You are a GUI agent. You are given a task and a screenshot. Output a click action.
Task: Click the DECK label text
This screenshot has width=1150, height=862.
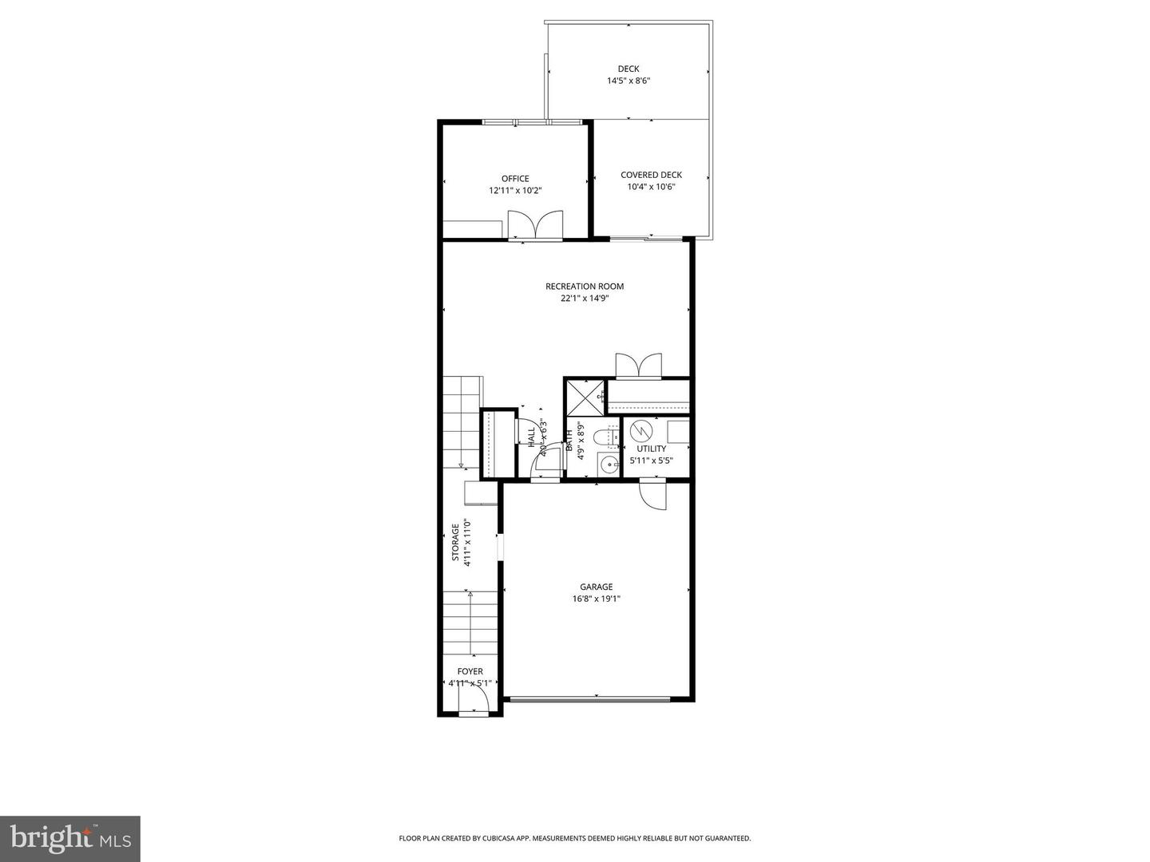tap(629, 69)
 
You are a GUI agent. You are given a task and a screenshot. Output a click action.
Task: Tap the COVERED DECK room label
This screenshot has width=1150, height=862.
tap(651, 175)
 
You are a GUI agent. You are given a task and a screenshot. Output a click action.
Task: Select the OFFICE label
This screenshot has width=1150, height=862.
tap(515, 179)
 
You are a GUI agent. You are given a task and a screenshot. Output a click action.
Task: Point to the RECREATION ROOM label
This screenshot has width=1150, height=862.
tap(585, 287)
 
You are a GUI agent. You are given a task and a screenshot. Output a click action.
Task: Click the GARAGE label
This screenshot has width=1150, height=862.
tap(596, 587)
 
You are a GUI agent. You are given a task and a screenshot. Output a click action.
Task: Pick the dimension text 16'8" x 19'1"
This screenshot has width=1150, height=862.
tap(596, 599)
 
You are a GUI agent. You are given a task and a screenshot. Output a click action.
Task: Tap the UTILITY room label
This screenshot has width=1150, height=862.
tap(651, 449)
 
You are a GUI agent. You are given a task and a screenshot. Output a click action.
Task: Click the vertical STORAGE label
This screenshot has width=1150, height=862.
tap(456, 543)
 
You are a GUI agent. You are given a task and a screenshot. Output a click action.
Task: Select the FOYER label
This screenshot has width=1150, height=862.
tap(470, 672)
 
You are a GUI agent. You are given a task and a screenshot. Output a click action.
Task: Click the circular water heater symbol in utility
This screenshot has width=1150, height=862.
tap(640, 432)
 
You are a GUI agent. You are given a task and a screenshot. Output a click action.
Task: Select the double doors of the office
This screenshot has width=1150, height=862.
tap(535, 225)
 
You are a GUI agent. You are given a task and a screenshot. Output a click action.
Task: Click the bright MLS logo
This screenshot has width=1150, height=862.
tap(70, 837)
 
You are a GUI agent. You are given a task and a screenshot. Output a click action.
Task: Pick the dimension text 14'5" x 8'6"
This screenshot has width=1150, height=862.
tap(629, 81)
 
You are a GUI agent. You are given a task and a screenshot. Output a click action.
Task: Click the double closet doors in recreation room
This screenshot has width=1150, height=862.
tap(638, 366)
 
